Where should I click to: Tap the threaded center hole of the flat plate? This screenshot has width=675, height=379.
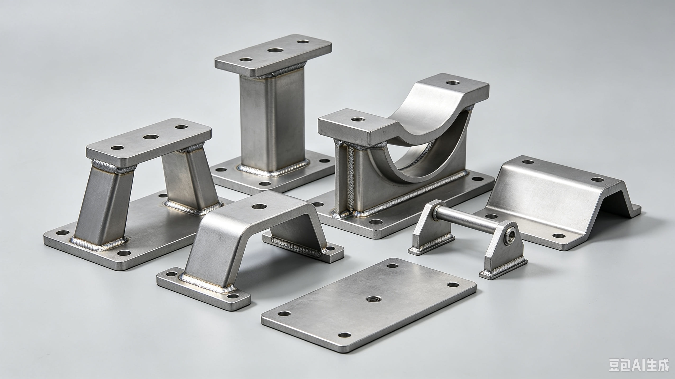click(x=373, y=299)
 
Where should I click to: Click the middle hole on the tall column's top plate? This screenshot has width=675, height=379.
click(x=275, y=50)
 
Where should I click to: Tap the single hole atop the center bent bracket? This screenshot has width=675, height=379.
click(x=259, y=206)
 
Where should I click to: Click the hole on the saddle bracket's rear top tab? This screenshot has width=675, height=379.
click(x=453, y=83)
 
